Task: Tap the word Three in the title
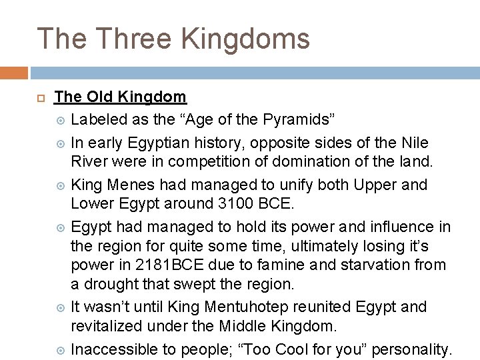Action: pos(137,39)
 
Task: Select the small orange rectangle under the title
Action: pos(14,73)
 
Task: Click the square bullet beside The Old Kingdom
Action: pos(40,98)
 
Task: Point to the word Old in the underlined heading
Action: pos(99,97)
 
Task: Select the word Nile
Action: pos(415,143)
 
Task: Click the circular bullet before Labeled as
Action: pos(61,121)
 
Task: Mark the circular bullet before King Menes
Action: pos(61,185)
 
